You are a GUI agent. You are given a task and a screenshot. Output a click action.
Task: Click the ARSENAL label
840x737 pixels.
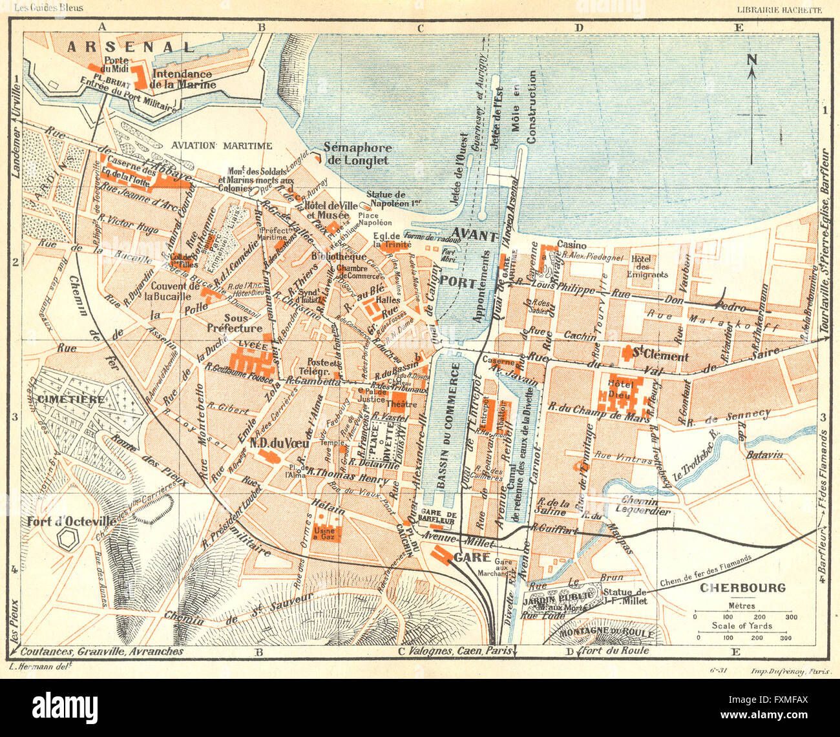(131, 47)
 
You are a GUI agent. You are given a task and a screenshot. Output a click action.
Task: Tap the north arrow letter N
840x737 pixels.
(751, 60)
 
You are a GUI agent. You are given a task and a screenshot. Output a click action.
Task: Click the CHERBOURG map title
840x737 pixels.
(743, 588)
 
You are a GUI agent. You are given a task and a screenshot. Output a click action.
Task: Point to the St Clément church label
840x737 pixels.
(659, 356)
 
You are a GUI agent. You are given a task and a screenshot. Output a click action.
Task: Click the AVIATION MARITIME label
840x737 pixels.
(222, 145)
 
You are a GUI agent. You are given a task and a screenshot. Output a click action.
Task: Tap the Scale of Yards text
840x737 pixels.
(742, 625)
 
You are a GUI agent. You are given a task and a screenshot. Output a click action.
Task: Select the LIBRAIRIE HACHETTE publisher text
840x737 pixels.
(779, 10)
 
